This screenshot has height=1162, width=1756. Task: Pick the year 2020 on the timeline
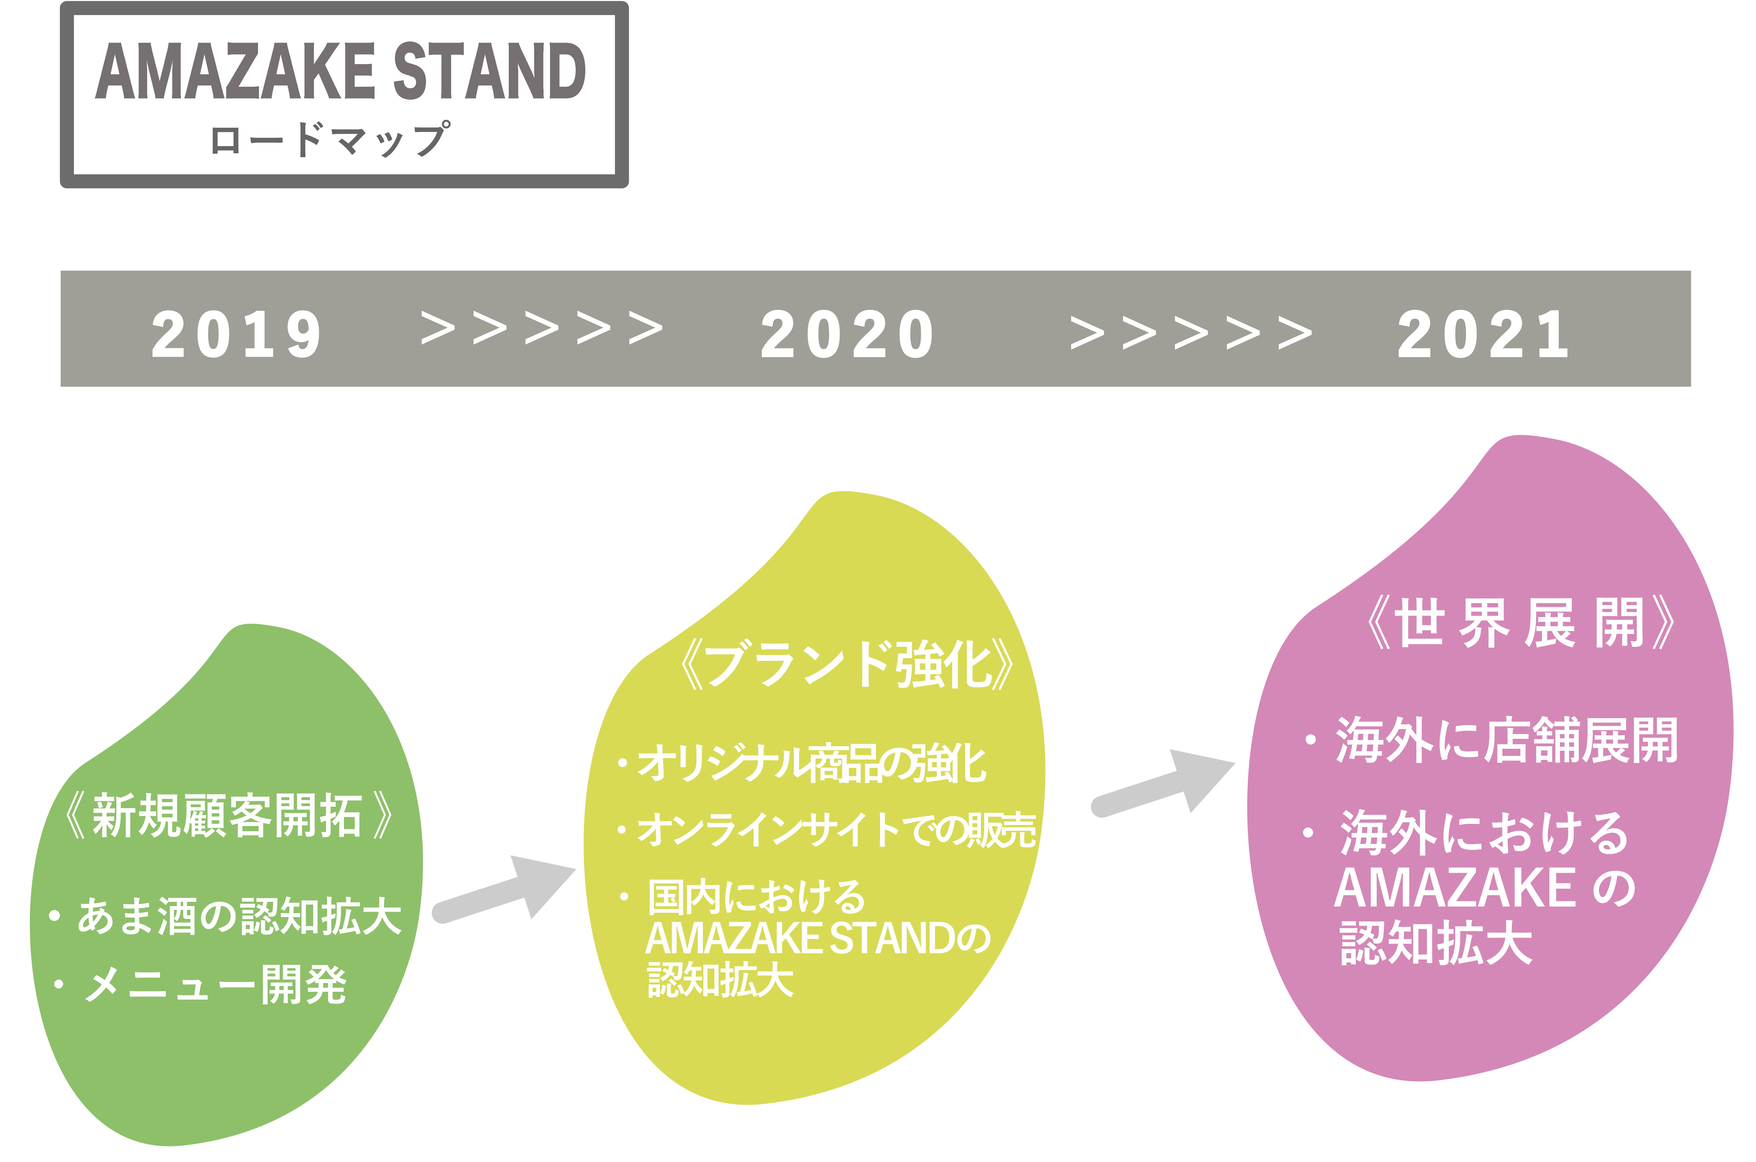tap(847, 335)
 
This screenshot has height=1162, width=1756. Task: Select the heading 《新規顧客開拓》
tap(228, 816)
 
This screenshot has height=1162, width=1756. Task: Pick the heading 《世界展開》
tap(1520, 623)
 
